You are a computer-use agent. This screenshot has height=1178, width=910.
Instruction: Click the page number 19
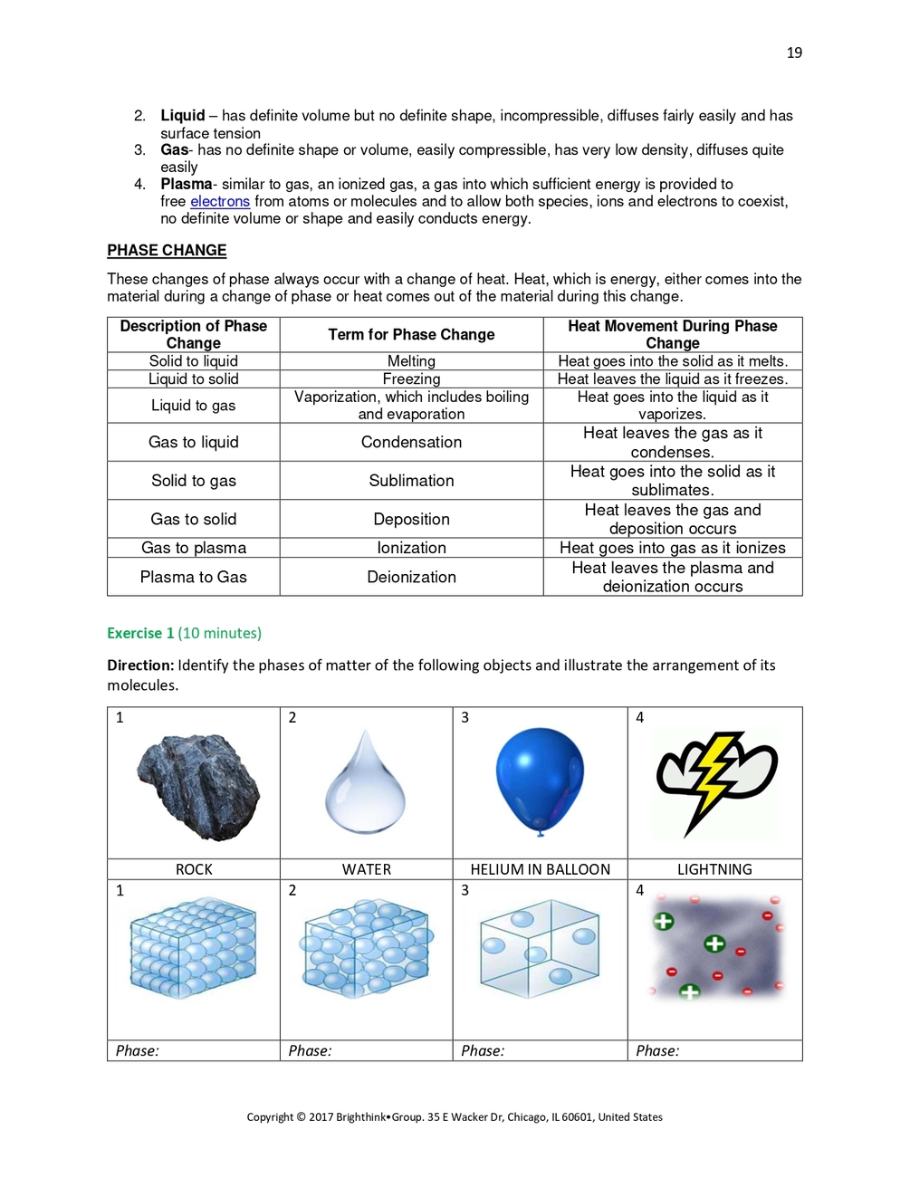pyautogui.click(x=793, y=53)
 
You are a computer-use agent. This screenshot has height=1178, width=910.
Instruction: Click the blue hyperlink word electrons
pyautogui.click(x=219, y=201)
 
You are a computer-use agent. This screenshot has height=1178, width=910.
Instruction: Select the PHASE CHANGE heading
pyautogui.click(x=167, y=250)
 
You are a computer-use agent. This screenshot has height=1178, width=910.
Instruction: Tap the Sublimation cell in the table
pyautogui.click(x=411, y=481)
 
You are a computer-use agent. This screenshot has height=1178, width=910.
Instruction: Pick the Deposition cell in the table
pyautogui.click(x=411, y=519)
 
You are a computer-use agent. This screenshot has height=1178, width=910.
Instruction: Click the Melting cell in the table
pyautogui.click(x=411, y=361)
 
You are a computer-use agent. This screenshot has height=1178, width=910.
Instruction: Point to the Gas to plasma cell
pyautogui.click(x=193, y=548)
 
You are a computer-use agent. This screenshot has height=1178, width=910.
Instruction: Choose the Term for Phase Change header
pyautogui.click(x=411, y=334)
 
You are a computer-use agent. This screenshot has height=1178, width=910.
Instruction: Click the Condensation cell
pyautogui.click(x=411, y=442)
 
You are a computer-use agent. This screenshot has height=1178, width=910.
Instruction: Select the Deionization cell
pyautogui.click(x=411, y=577)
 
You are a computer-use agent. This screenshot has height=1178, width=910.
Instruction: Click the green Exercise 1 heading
pyautogui.click(x=140, y=633)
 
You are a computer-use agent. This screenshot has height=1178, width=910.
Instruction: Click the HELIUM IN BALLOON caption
pyautogui.click(x=540, y=869)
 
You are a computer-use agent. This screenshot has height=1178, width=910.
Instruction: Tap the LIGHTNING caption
pyautogui.click(x=714, y=869)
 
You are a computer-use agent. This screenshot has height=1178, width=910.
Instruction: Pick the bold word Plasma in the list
pyautogui.click(x=186, y=184)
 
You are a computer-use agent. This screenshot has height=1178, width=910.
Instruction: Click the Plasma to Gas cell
pyautogui.click(x=193, y=577)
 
